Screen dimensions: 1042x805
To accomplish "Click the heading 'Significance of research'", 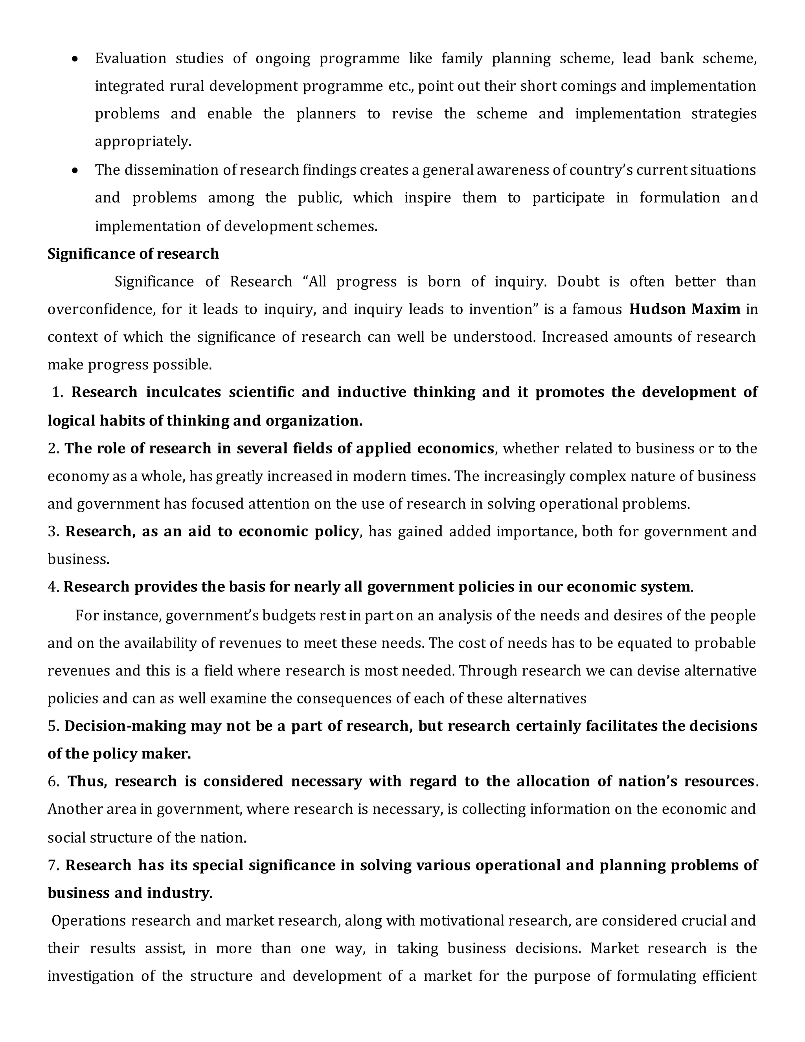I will click(x=133, y=254).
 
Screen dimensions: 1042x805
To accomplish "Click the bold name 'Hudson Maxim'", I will click(x=684, y=309).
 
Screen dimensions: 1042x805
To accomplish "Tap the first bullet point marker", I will click(x=74, y=59).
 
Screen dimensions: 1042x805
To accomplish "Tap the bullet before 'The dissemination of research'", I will click(x=74, y=170).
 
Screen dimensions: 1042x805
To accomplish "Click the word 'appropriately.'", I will click(x=143, y=142).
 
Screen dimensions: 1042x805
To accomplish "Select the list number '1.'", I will click(x=58, y=392).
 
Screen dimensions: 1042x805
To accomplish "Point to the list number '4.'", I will click(x=53, y=586).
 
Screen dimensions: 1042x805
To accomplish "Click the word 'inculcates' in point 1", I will click(x=183, y=392).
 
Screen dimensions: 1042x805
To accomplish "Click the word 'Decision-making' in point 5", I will click(x=125, y=726).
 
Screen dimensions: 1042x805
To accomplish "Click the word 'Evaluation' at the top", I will click(x=130, y=59).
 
